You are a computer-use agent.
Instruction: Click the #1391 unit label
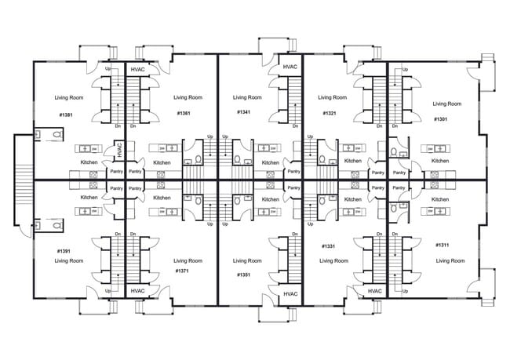click(64, 251)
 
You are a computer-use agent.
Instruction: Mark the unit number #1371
click(184, 271)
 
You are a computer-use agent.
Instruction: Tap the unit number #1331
click(329, 246)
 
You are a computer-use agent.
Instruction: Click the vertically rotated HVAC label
click(118, 149)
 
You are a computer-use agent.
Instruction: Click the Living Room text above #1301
click(447, 104)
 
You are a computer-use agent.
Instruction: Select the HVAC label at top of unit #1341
click(290, 67)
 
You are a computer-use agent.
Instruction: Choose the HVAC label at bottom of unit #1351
click(290, 293)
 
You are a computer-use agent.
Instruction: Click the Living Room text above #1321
click(332, 98)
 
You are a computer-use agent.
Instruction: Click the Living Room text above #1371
click(188, 260)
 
